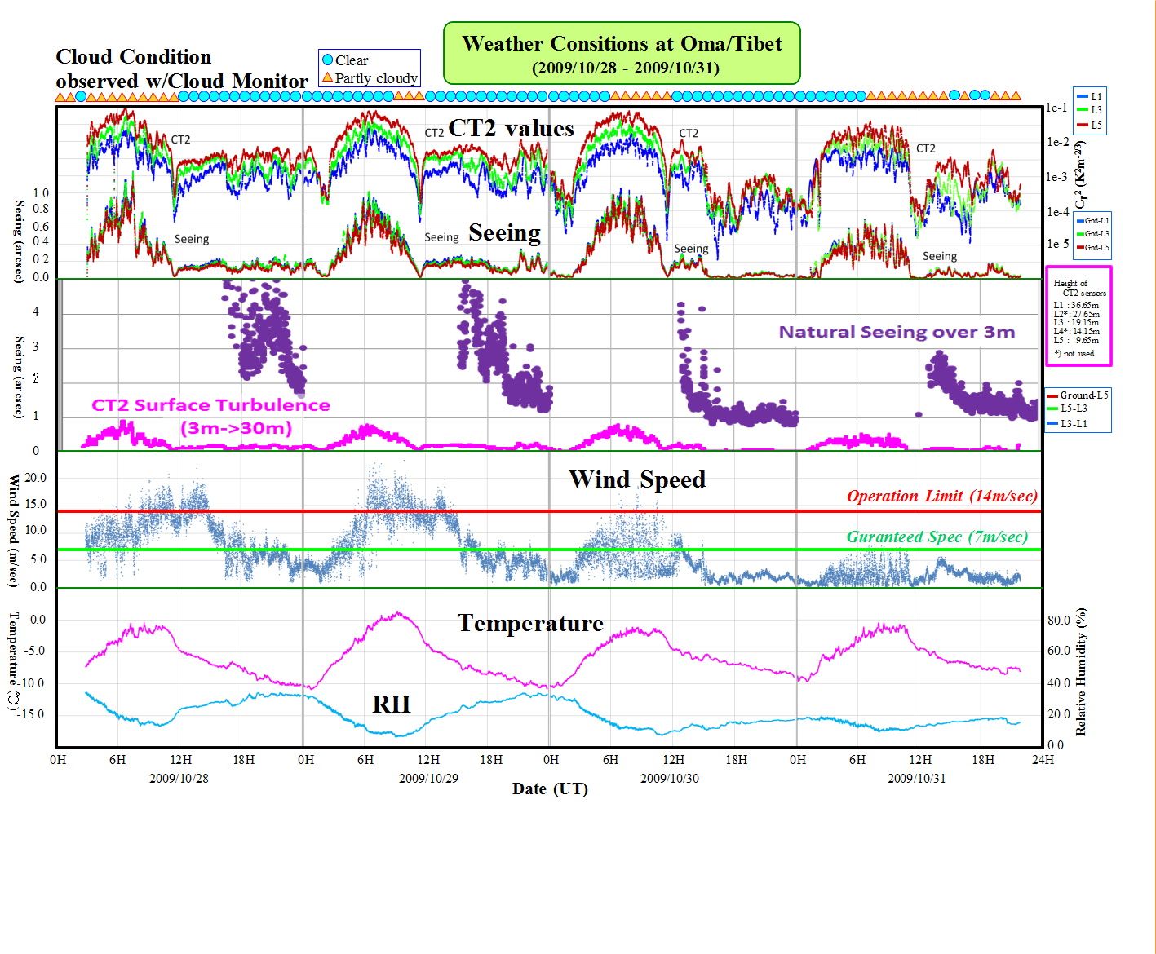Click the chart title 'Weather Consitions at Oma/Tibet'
point(622,44)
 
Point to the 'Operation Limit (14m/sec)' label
point(941,496)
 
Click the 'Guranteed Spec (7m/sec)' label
point(937,537)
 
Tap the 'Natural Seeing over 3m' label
point(897,332)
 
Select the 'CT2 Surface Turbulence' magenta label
point(210,405)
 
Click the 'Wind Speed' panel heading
point(637,479)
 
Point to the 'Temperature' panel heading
point(530,623)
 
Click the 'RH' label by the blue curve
point(391,704)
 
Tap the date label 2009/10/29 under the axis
point(428,778)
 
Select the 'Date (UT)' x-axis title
point(550,788)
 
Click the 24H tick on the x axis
point(1043,760)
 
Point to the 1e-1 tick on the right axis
point(1056,108)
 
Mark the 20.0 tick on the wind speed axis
point(36,478)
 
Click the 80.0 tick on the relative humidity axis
point(1058,621)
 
